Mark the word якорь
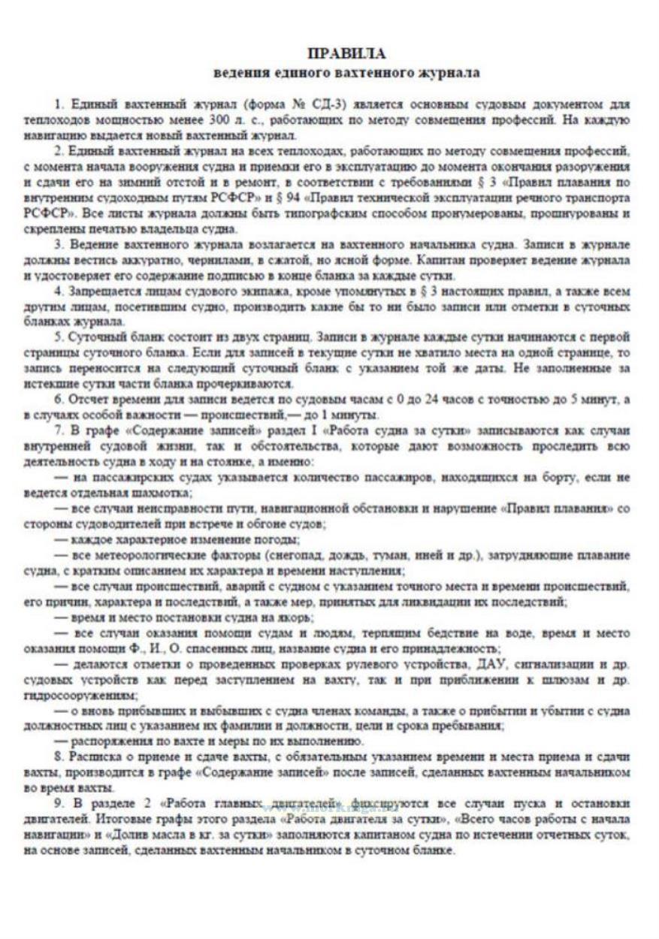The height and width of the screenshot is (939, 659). pos(277,617)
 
